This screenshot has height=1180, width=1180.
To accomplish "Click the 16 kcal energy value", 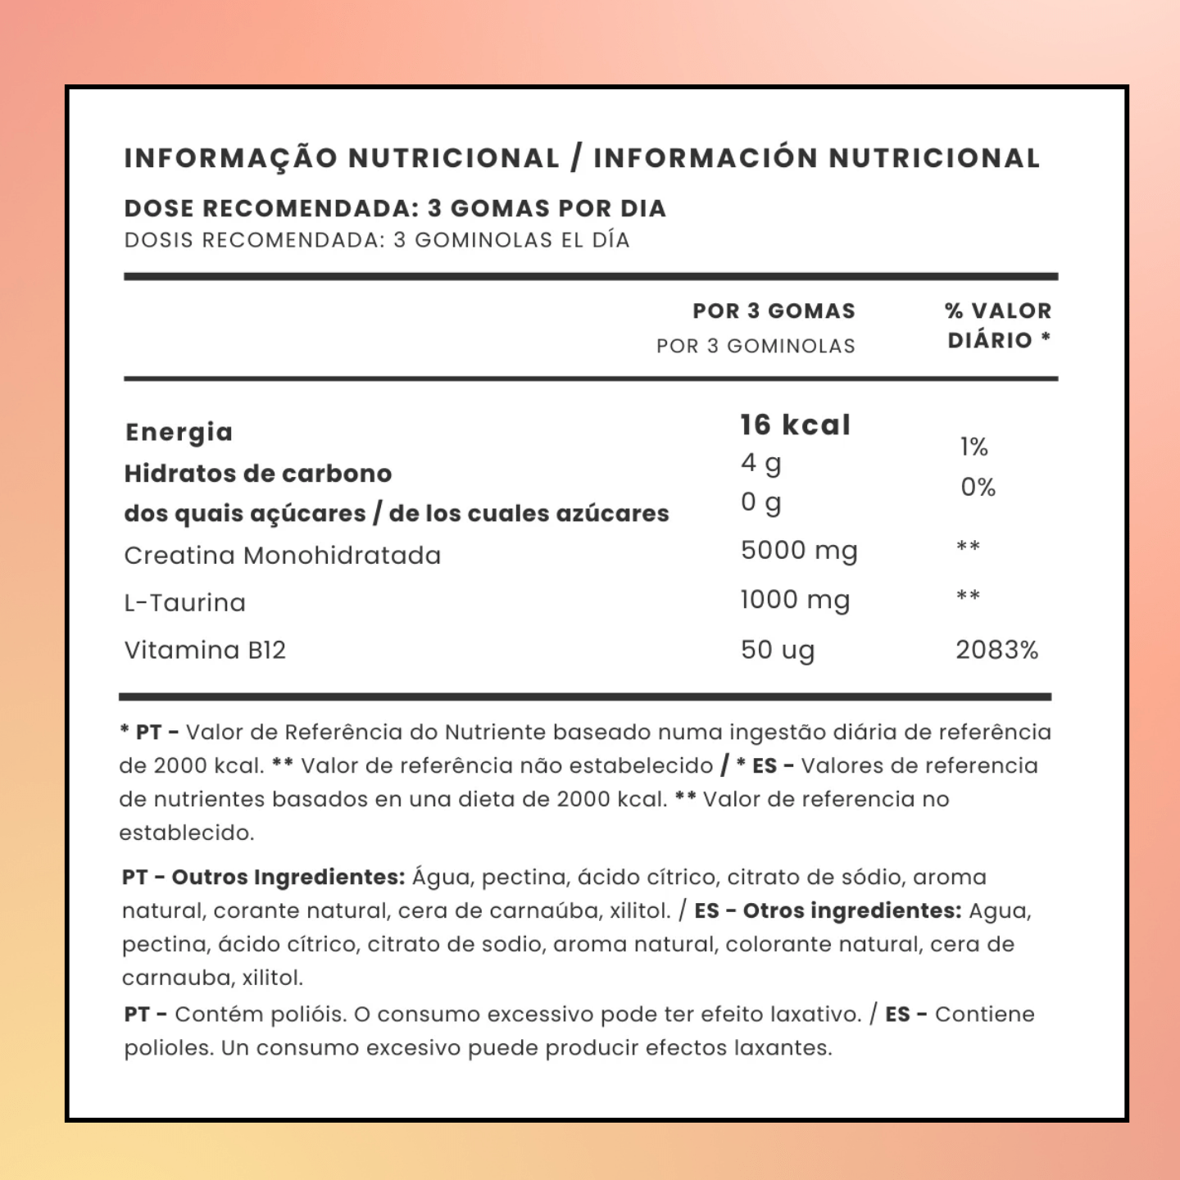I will pyautogui.click(x=795, y=424).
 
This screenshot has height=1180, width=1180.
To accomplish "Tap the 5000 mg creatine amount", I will pyautogui.click(x=798, y=551).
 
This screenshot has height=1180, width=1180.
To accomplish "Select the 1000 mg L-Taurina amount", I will pyautogui.click(x=794, y=600).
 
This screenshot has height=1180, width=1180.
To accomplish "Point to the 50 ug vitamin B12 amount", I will pyautogui.click(x=777, y=650).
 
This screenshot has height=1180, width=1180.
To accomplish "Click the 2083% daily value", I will pyautogui.click(x=996, y=650).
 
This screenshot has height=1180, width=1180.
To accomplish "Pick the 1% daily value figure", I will pyautogui.click(x=973, y=447).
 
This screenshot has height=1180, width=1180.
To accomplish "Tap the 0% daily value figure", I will pyautogui.click(x=978, y=488).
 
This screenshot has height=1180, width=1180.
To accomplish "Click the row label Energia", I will pyautogui.click(x=179, y=432).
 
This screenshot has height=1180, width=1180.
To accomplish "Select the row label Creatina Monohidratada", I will pyautogui.click(x=282, y=556).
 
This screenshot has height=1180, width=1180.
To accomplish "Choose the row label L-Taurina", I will pyautogui.click(x=184, y=603).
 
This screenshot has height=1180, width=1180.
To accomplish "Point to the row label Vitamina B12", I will pyautogui.click(x=205, y=650).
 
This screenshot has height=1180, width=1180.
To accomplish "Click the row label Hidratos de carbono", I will pyautogui.click(x=257, y=474).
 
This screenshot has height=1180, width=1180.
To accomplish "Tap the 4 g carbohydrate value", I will pyautogui.click(x=760, y=464).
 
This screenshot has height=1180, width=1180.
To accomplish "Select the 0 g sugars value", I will pyautogui.click(x=760, y=502).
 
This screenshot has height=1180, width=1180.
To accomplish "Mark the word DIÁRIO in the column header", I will pyautogui.click(x=989, y=340).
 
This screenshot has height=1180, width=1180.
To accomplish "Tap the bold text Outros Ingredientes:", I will pyautogui.click(x=288, y=877).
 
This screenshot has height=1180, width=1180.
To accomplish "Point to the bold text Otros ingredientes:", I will pyautogui.click(x=851, y=910).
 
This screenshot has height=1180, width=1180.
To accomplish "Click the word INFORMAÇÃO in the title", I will pyautogui.click(x=230, y=158).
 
